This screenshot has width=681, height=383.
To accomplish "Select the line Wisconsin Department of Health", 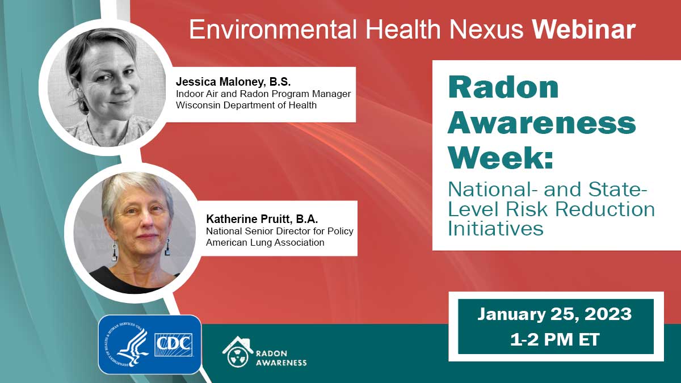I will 246,105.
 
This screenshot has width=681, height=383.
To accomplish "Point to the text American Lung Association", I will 265,242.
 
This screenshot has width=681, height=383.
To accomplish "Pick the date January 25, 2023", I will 554,314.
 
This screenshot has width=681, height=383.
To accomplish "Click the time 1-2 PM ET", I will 555,339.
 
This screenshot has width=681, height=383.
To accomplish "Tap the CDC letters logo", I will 174,344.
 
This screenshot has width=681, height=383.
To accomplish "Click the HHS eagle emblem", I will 127,344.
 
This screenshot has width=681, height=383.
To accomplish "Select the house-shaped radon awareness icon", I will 238,352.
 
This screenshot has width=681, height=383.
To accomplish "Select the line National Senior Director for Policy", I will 275,232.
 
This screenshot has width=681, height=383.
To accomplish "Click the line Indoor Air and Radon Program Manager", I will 263,94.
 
